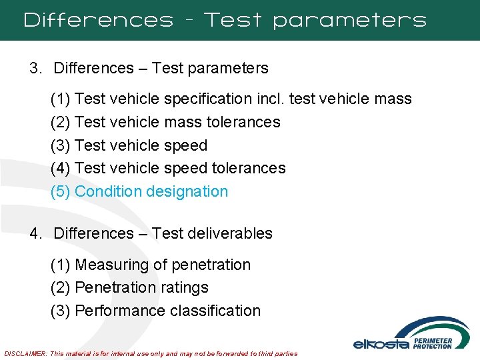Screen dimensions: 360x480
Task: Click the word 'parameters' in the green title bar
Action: [349, 21]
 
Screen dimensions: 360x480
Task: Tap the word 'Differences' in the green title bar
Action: [99, 20]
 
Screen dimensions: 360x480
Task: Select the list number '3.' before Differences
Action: [36, 68]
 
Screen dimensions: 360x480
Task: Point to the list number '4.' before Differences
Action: [36, 233]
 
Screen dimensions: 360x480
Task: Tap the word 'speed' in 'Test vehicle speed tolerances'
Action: [185, 168]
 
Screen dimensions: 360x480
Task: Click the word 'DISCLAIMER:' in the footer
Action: [25, 353]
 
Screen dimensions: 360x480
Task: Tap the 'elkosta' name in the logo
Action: [380, 344]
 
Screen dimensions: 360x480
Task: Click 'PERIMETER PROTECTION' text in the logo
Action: [433, 343]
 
